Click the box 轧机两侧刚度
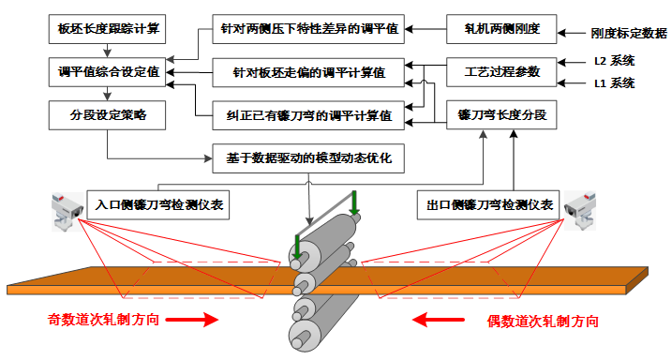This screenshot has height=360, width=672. click(501, 29)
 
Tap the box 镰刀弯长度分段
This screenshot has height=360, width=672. click(501, 115)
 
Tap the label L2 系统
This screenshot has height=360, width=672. click(615, 61)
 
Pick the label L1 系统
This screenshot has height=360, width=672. click(615, 83)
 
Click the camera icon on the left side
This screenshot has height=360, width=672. click(67, 207)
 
